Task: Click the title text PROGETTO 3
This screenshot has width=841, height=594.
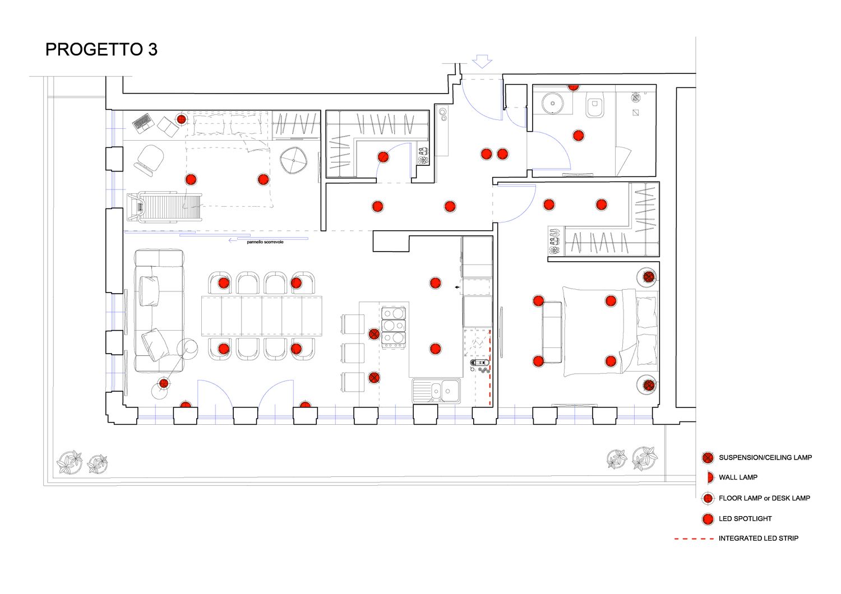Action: click(101, 49)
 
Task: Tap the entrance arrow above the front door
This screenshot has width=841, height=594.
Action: click(482, 61)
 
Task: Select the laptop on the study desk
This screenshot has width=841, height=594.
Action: click(142, 122)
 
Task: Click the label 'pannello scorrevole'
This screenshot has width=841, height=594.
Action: click(265, 242)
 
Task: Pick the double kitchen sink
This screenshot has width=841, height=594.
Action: click(437, 390)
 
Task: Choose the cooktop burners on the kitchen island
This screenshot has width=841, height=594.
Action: click(394, 326)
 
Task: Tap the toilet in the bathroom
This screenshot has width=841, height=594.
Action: click(594, 106)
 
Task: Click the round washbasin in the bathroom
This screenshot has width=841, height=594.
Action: click(553, 104)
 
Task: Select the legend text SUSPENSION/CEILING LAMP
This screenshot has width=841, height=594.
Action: click(765, 457)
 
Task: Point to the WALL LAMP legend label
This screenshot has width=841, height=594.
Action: click(738, 477)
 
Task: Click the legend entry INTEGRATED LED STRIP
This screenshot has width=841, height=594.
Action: click(758, 538)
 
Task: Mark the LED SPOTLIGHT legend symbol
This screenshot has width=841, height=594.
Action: click(708, 518)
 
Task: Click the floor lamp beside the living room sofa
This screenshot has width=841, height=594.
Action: click(164, 383)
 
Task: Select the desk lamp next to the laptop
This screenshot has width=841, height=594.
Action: click(181, 119)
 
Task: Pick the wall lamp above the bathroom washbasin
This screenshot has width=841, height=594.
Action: click(573, 87)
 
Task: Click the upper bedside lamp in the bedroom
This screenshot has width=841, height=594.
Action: click(649, 276)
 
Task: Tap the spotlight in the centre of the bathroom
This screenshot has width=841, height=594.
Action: click(578, 136)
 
